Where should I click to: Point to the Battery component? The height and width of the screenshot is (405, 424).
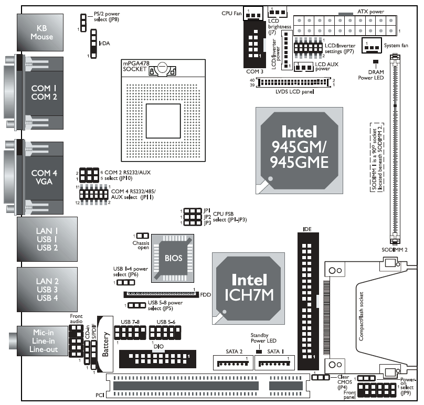click(105, 344)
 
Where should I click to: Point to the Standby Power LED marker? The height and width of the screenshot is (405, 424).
click(259, 349)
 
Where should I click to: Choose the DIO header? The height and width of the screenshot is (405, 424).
click(157, 359)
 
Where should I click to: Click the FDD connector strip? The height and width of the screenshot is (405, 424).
click(160, 295)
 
